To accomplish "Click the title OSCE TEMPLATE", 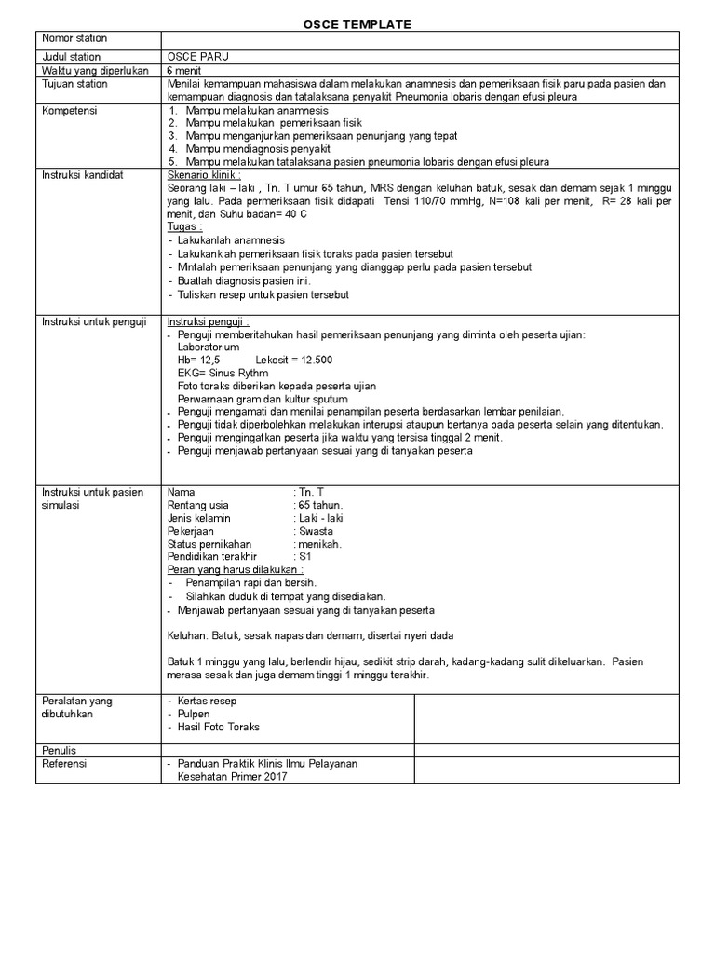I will click(357, 23).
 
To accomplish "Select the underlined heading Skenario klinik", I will click(204, 174).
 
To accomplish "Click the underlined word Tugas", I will click(184, 226).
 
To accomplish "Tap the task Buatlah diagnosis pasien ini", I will click(243, 281).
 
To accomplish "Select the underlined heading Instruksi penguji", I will click(208, 321).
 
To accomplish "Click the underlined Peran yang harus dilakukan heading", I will click(235, 569).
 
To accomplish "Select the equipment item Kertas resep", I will click(206, 701).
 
